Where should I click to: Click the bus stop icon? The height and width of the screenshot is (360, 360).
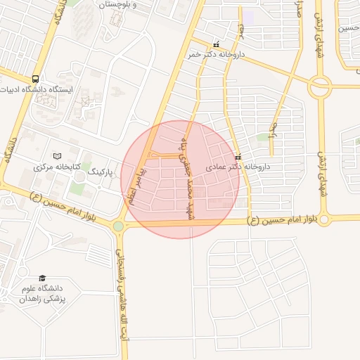[x=36, y=79]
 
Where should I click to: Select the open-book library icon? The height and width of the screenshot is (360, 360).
[x=58, y=155]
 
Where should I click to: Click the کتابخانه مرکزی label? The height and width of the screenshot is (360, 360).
[x=58, y=167]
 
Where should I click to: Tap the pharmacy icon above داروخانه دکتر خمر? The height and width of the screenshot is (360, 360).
[x=216, y=44]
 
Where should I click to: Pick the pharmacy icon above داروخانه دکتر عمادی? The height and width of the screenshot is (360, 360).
[x=238, y=157]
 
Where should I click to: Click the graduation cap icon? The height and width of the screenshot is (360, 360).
[x=42, y=278]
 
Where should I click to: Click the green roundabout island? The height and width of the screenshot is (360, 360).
[x=118, y=226]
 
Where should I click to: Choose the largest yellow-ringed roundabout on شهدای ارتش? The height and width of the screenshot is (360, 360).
[x=320, y=86]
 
